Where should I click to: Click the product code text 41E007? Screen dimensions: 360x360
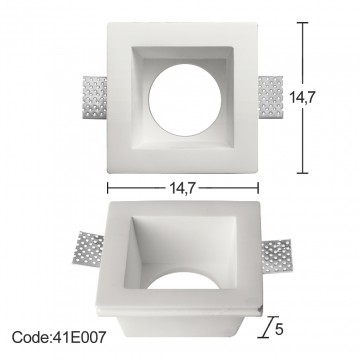pyautogui.click(x=79, y=337)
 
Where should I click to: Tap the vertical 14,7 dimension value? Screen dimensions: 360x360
pyautogui.click(x=302, y=97)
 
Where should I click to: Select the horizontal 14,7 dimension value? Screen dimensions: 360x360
pyautogui.click(x=182, y=189)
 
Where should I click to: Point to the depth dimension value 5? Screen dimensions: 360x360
pyautogui.click(x=279, y=329)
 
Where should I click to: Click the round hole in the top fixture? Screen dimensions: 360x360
pyautogui.click(x=185, y=100)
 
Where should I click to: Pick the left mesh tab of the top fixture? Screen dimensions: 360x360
pyautogui.click(x=95, y=97)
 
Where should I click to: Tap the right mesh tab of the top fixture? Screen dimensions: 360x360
pyautogui.click(x=271, y=97)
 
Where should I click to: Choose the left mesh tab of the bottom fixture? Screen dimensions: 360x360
pyautogui.click(x=88, y=248)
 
